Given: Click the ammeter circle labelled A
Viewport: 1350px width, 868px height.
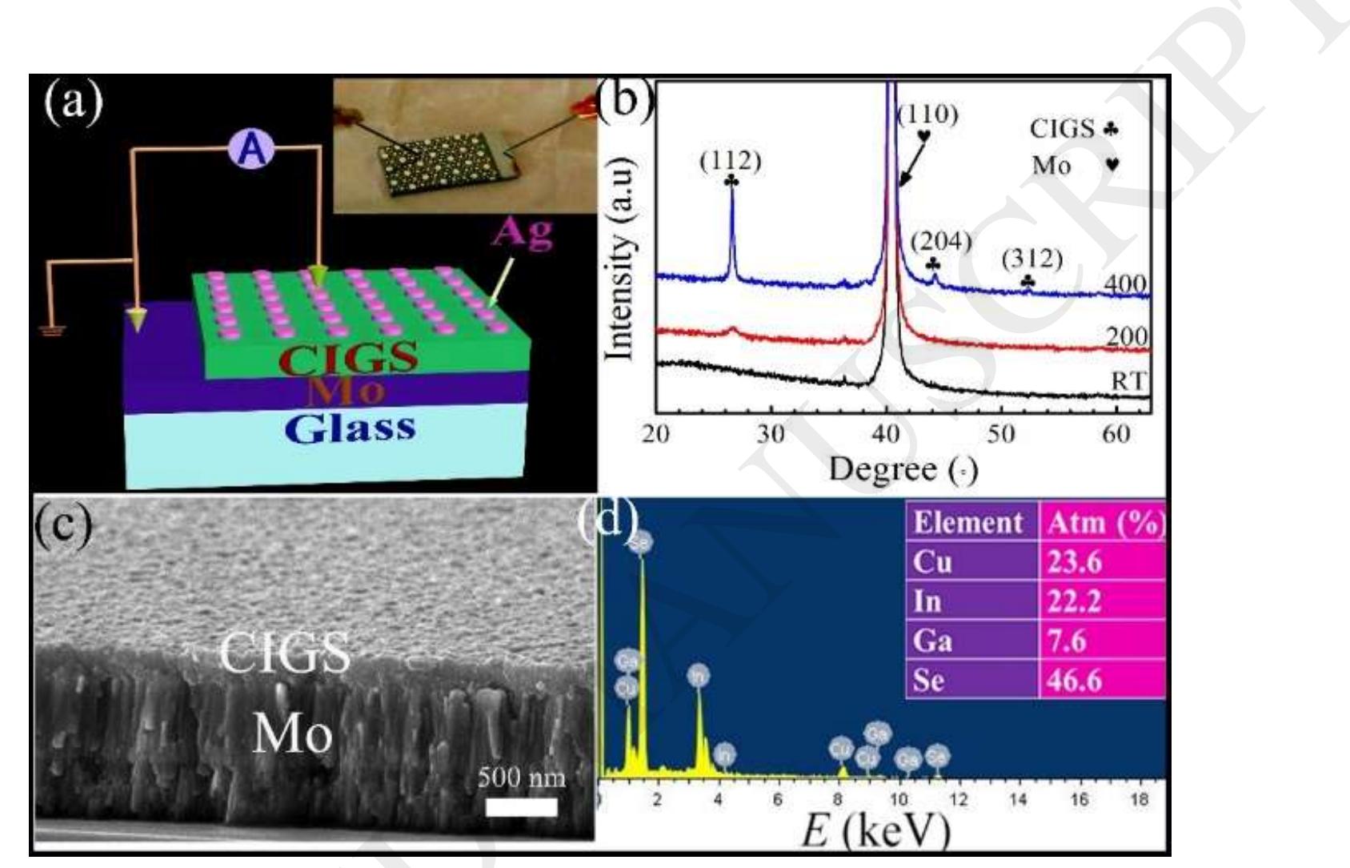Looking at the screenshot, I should [x=254, y=150].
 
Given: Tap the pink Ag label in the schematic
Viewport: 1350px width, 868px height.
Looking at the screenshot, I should [x=523, y=232].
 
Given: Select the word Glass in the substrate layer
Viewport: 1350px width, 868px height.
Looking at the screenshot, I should [x=350, y=428].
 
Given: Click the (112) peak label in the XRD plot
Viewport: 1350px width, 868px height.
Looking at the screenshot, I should [x=730, y=162].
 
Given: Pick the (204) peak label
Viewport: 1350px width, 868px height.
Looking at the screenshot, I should [x=941, y=241].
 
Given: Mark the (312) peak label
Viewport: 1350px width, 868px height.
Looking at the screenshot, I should [x=1032, y=259].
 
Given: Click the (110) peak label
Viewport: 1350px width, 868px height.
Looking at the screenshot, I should [x=927, y=115].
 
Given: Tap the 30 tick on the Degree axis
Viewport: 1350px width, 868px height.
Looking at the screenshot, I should [x=771, y=434].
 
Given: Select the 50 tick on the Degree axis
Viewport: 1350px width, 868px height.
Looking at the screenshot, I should [x=1001, y=434].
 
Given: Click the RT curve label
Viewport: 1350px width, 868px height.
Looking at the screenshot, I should [x=1129, y=381].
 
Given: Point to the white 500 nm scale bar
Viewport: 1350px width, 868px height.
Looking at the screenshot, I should [x=521, y=806].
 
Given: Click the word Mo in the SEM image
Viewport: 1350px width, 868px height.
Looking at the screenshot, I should [x=291, y=732].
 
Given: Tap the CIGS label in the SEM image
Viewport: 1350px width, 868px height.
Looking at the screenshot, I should [x=284, y=653].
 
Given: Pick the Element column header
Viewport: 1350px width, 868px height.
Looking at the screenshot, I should [x=967, y=522].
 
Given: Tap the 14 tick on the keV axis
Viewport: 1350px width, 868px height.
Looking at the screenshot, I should [x=1018, y=800].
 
